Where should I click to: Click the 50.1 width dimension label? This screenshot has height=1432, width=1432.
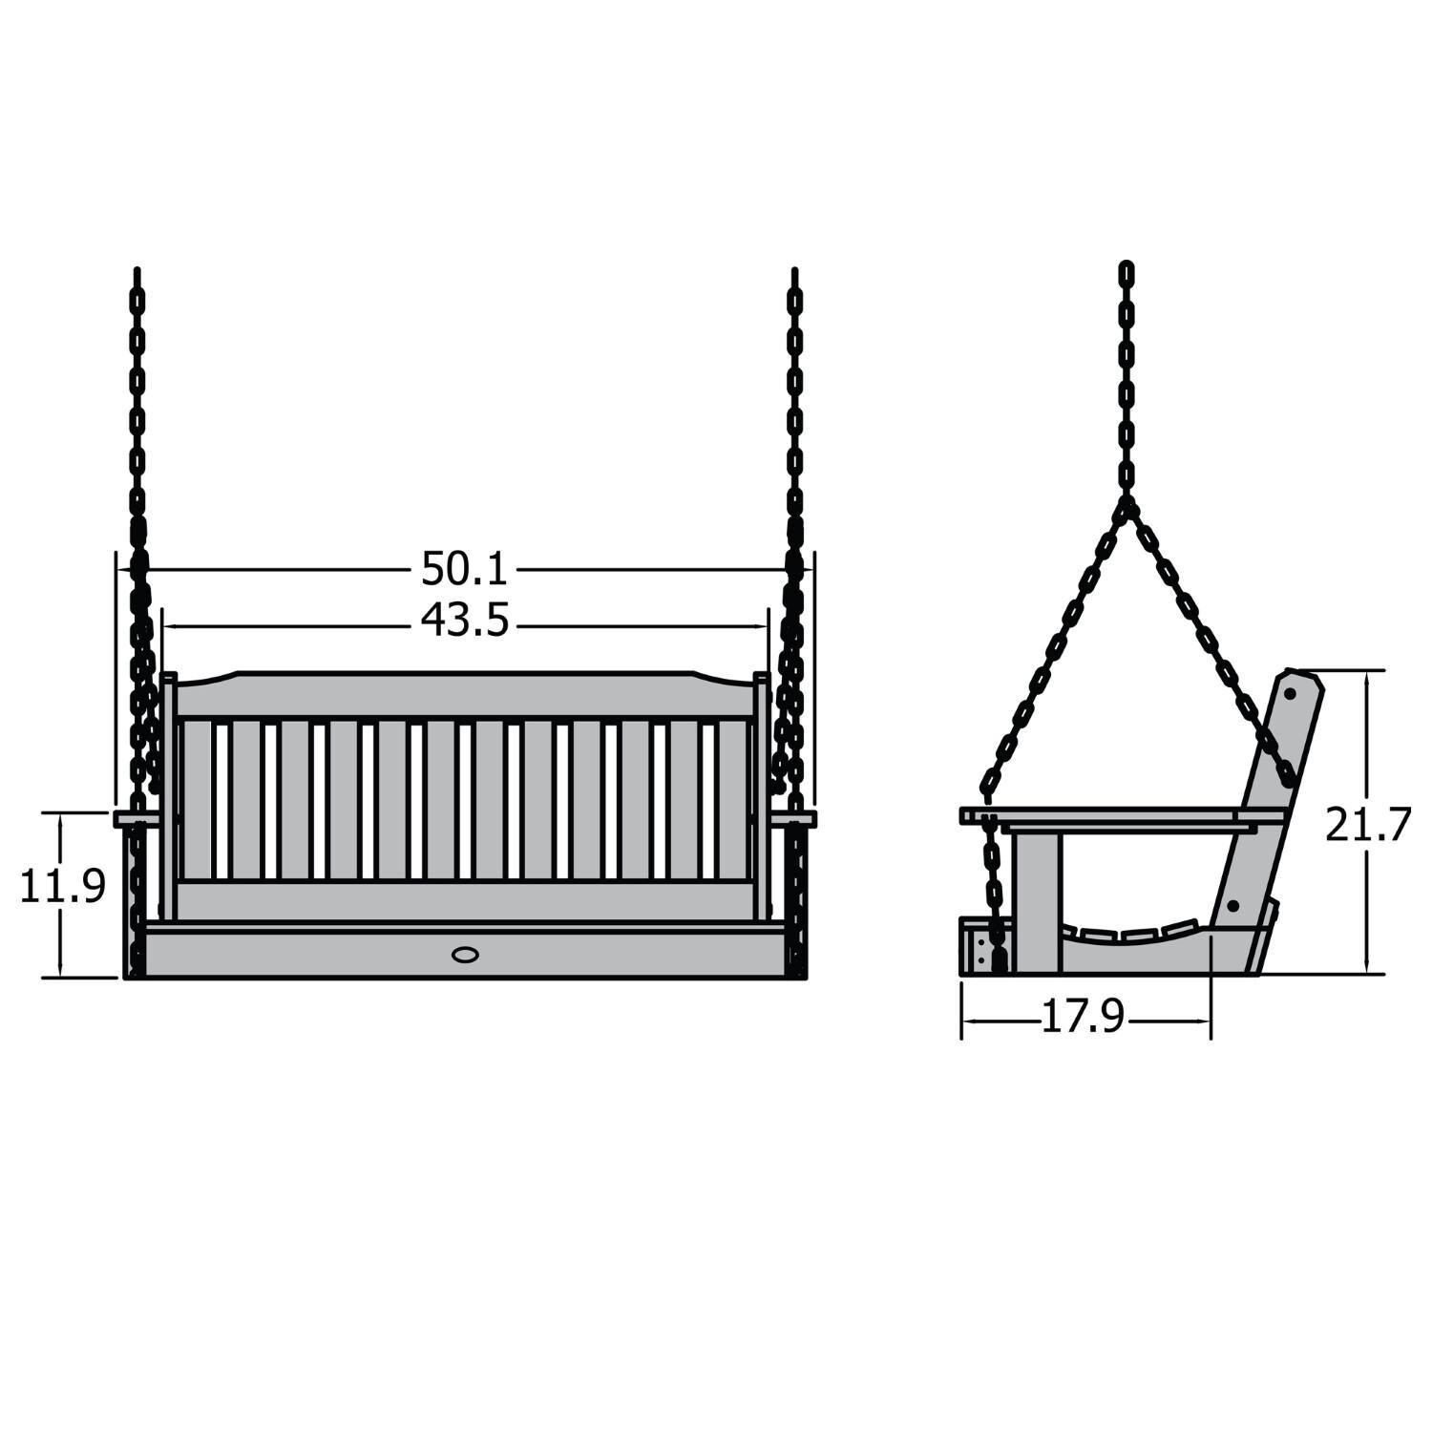(465, 570)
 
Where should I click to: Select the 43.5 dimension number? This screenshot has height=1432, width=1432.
(465, 622)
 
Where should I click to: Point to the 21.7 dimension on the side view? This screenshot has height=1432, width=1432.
(1367, 825)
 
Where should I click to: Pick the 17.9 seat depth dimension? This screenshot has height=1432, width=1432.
(1082, 1019)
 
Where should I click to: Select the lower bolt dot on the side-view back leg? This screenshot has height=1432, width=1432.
(1232, 904)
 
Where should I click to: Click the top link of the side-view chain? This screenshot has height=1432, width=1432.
(1127, 272)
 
